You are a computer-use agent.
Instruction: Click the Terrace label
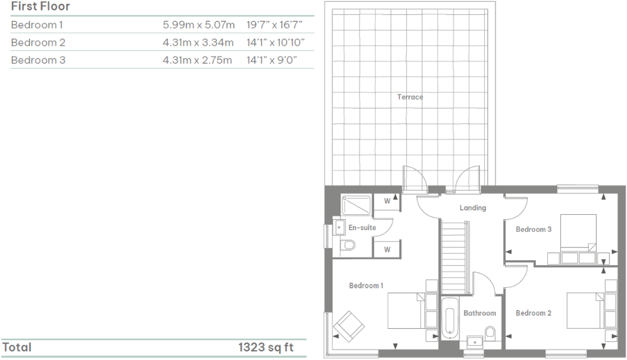click(410, 97)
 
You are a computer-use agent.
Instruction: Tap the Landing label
click(472, 208)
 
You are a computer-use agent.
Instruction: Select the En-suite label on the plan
click(362, 228)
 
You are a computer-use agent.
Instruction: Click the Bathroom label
click(479, 313)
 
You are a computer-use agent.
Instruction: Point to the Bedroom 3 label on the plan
click(534, 230)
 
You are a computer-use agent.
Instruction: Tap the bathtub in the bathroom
click(449, 318)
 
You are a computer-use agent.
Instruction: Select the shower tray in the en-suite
click(356, 204)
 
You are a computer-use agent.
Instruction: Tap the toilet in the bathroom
click(490, 331)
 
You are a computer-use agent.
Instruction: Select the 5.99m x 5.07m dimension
click(198, 26)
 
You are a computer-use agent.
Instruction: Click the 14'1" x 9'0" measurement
click(272, 60)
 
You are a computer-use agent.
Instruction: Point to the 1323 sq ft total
click(266, 347)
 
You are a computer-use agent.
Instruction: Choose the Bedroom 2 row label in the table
click(38, 43)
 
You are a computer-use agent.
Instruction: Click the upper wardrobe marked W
click(387, 201)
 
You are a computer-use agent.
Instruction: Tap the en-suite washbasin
click(339, 227)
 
